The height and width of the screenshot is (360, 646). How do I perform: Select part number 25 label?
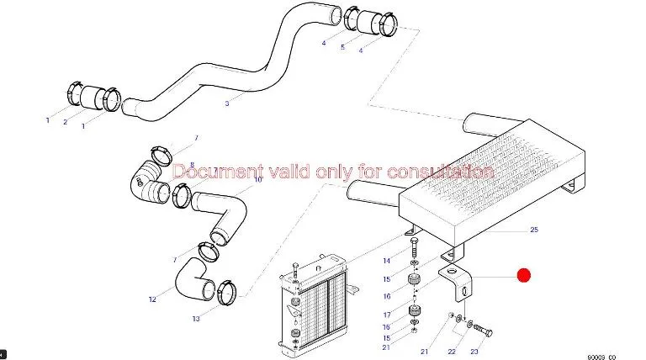[x=533, y=230]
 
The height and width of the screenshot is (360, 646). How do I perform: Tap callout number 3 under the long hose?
[x=226, y=103]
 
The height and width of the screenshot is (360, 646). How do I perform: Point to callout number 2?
[x=65, y=123]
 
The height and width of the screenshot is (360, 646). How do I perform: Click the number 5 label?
[x=342, y=47]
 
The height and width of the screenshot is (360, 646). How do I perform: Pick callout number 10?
[x=258, y=179]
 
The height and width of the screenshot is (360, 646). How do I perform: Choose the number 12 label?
[x=152, y=299]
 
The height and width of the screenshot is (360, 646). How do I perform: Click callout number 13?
[x=195, y=319]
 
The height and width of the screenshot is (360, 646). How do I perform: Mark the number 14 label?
[x=386, y=262]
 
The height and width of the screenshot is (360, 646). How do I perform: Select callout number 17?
[x=386, y=315]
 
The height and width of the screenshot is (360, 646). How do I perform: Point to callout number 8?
[x=192, y=165]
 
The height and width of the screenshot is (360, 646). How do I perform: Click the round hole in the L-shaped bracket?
[x=455, y=274]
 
